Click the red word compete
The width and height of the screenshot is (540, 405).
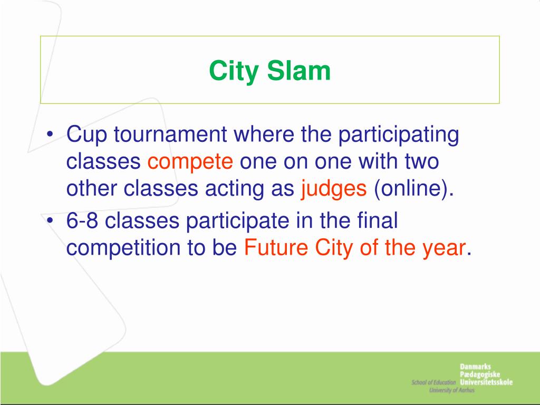coord(190,162)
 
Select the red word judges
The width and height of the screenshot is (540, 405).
coord(334,189)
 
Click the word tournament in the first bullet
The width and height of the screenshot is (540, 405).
coord(170,134)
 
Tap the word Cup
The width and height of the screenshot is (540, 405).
coord(87,134)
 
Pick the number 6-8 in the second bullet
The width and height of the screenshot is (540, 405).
coord(82,220)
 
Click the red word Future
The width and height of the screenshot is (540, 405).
coord(276,247)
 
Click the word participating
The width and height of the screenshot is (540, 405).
coord(399,135)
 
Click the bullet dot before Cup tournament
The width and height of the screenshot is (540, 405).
coord(51,134)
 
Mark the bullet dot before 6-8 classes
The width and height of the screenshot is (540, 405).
coord(51,220)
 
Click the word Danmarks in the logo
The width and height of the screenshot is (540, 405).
coord(475,367)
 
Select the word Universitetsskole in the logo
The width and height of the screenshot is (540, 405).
coord(486,382)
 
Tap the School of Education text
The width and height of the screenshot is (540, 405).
coord(433,382)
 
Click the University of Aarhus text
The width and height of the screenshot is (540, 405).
coord(451,390)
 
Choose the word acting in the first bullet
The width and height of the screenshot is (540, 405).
coord(235,189)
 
